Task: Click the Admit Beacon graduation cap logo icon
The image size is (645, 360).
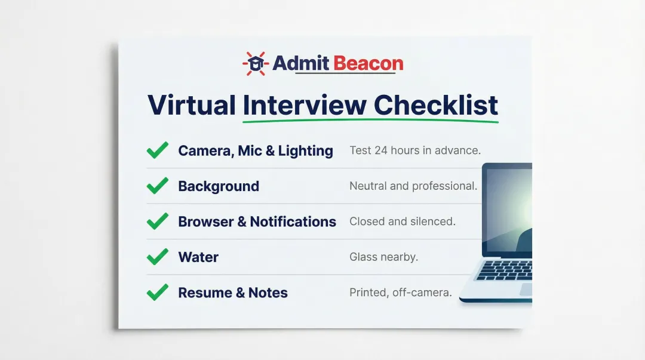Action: pyautogui.click(x=256, y=63)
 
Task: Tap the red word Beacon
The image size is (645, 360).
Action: pyautogui.click(x=368, y=63)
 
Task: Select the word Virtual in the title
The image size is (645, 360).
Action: pyautogui.click(x=192, y=105)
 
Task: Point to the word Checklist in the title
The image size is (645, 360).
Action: pyautogui.click(x=436, y=105)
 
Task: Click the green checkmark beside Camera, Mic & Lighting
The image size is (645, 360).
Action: pyautogui.click(x=158, y=150)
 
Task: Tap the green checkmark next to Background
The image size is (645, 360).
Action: pyautogui.click(x=158, y=186)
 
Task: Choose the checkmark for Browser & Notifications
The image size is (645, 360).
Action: pyautogui.click(x=158, y=221)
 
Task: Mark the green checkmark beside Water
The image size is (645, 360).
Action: pyautogui.click(x=158, y=257)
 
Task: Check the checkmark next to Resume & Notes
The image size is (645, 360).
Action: pyautogui.click(x=158, y=293)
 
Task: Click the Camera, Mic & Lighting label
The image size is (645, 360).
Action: pyautogui.click(x=256, y=151)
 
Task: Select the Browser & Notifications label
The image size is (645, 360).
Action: pyautogui.click(x=257, y=221)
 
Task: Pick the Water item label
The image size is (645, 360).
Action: pyautogui.click(x=198, y=257)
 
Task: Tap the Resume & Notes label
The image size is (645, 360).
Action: pyautogui.click(x=233, y=293)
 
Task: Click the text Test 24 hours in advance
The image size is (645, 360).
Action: pyautogui.click(x=415, y=150)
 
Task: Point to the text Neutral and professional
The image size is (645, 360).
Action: pyautogui.click(x=413, y=186)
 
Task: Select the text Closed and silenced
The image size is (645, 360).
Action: pyautogui.click(x=403, y=221)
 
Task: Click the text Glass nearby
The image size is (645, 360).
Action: pyautogui.click(x=383, y=257)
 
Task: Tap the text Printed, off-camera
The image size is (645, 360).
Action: pyautogui.click(x=401, y=293)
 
